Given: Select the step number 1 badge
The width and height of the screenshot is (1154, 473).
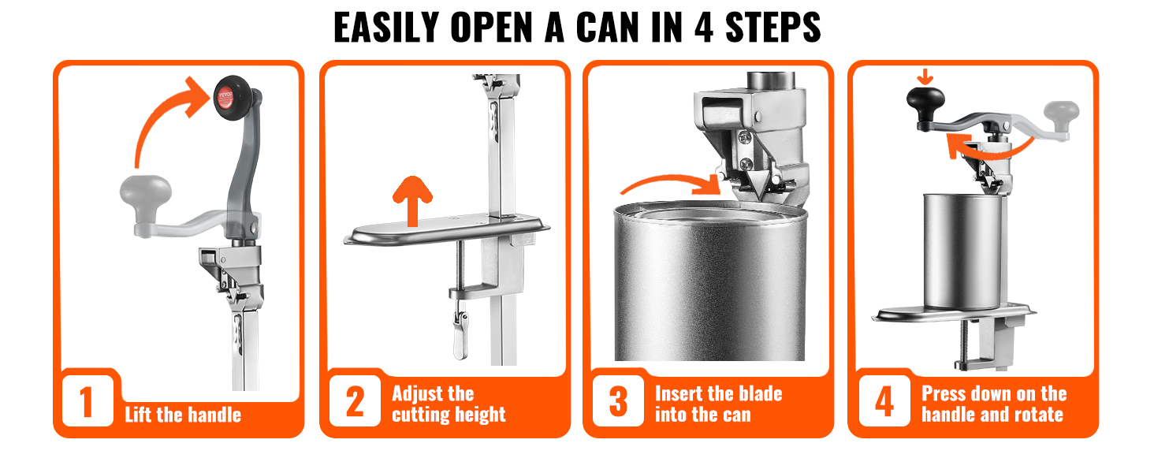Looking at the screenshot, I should point(87,402).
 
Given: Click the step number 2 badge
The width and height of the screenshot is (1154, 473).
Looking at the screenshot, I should point(355,402).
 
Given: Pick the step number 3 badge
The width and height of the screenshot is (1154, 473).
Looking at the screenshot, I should point(619,402).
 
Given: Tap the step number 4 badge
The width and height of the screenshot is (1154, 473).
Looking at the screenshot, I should point(884,402).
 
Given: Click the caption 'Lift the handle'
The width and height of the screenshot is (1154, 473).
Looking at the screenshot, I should point(183,415).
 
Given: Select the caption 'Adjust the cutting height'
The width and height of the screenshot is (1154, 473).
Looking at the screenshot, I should point(448,404).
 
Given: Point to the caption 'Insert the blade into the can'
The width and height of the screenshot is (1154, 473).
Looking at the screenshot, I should point(718,404).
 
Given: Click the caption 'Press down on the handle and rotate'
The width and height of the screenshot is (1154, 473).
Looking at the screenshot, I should point(993,404).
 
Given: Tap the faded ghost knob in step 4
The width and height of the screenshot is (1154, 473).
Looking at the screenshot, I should point(1062,113).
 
